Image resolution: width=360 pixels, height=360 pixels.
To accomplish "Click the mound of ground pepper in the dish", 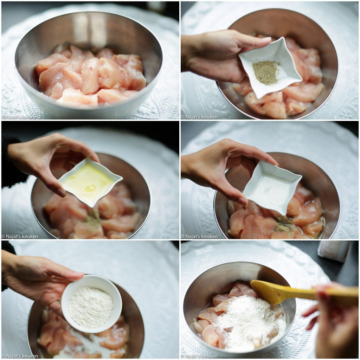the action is tap(266, 72).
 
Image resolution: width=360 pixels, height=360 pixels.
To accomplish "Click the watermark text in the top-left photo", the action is tap(20, 117).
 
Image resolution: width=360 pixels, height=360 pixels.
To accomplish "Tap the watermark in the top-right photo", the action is tap(199, 117).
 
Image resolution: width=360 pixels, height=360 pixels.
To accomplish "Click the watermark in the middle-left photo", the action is tap(20, 237).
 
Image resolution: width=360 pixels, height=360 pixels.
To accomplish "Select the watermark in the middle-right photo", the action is tap(199, 237).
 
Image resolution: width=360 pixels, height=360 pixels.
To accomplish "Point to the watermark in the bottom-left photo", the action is tap(20, 356).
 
